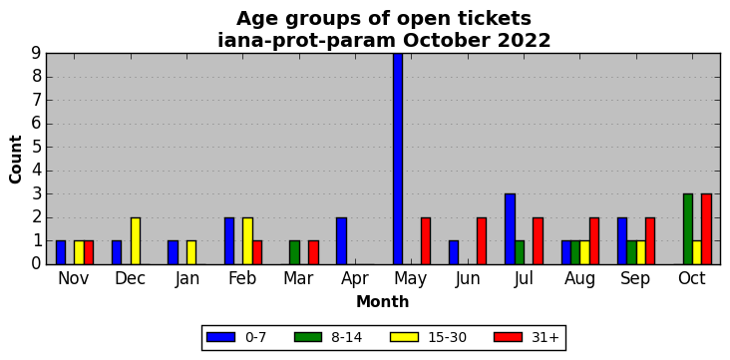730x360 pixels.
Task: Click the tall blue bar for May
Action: coord(398,159)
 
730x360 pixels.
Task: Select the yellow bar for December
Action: coord(136,240)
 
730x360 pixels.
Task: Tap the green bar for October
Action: coord(688,229)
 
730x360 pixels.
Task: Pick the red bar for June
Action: coord(482,240)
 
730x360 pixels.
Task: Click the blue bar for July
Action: coord(510,229)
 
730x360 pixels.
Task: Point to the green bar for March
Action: coord(295,252)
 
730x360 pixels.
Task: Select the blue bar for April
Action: coord(341,240)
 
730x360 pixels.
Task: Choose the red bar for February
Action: coord(257,252)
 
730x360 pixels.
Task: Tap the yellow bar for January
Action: coord(191,252)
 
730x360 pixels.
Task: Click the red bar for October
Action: coord(707,229)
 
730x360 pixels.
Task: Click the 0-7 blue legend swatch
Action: coord(220,337)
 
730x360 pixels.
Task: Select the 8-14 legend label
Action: coord(346,337)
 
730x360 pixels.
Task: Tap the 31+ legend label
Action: coord(545,337)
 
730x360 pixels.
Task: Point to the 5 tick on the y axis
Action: coord(38,148)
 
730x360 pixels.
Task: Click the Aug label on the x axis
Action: coord(579,279)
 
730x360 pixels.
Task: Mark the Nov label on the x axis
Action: coord(75,278)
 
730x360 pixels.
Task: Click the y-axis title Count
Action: coord(15,160)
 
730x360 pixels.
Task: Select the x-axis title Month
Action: coord(383,302)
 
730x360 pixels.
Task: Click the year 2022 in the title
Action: coord(524,41)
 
